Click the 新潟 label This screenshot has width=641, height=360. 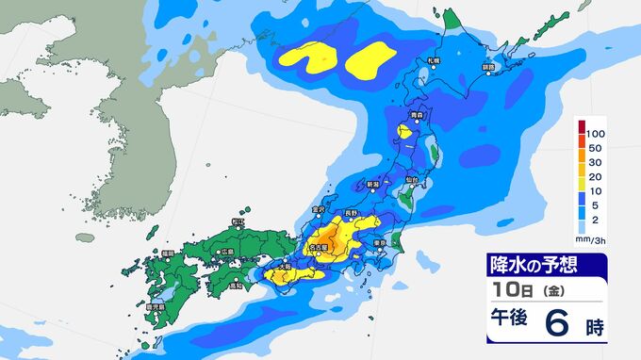[x=373, y=183]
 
